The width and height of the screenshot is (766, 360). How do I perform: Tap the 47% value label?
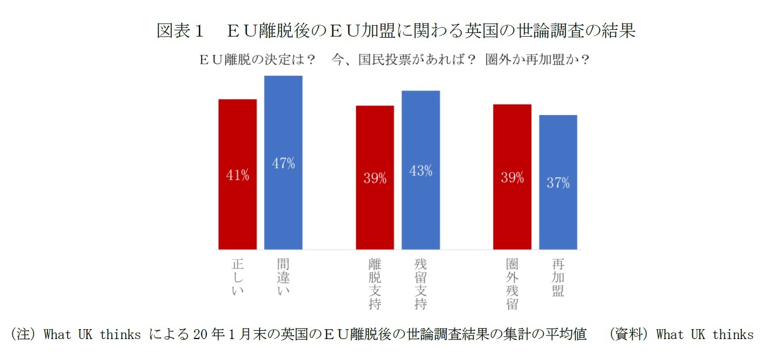pos(283,163)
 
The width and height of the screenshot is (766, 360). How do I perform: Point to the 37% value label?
pos(558,183)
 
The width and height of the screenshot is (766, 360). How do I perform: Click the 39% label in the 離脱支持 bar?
pos(375,178)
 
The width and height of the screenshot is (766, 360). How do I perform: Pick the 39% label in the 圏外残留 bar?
pos(512,177)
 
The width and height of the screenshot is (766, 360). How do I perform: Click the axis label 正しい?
pos(238,277)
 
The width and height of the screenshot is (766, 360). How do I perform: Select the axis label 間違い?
pos(283,277)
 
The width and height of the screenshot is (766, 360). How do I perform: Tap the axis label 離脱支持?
pos(375,283)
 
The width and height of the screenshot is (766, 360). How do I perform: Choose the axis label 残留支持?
pos(420,283)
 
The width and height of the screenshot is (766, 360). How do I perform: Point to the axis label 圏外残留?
pos(512,283)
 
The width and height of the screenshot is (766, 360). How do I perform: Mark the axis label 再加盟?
pos(558,277)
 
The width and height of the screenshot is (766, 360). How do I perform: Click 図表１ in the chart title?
pos(180,31)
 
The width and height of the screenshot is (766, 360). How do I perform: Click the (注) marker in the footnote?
pos(25,334)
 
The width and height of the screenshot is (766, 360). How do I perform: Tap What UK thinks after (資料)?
pos(705,334)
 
